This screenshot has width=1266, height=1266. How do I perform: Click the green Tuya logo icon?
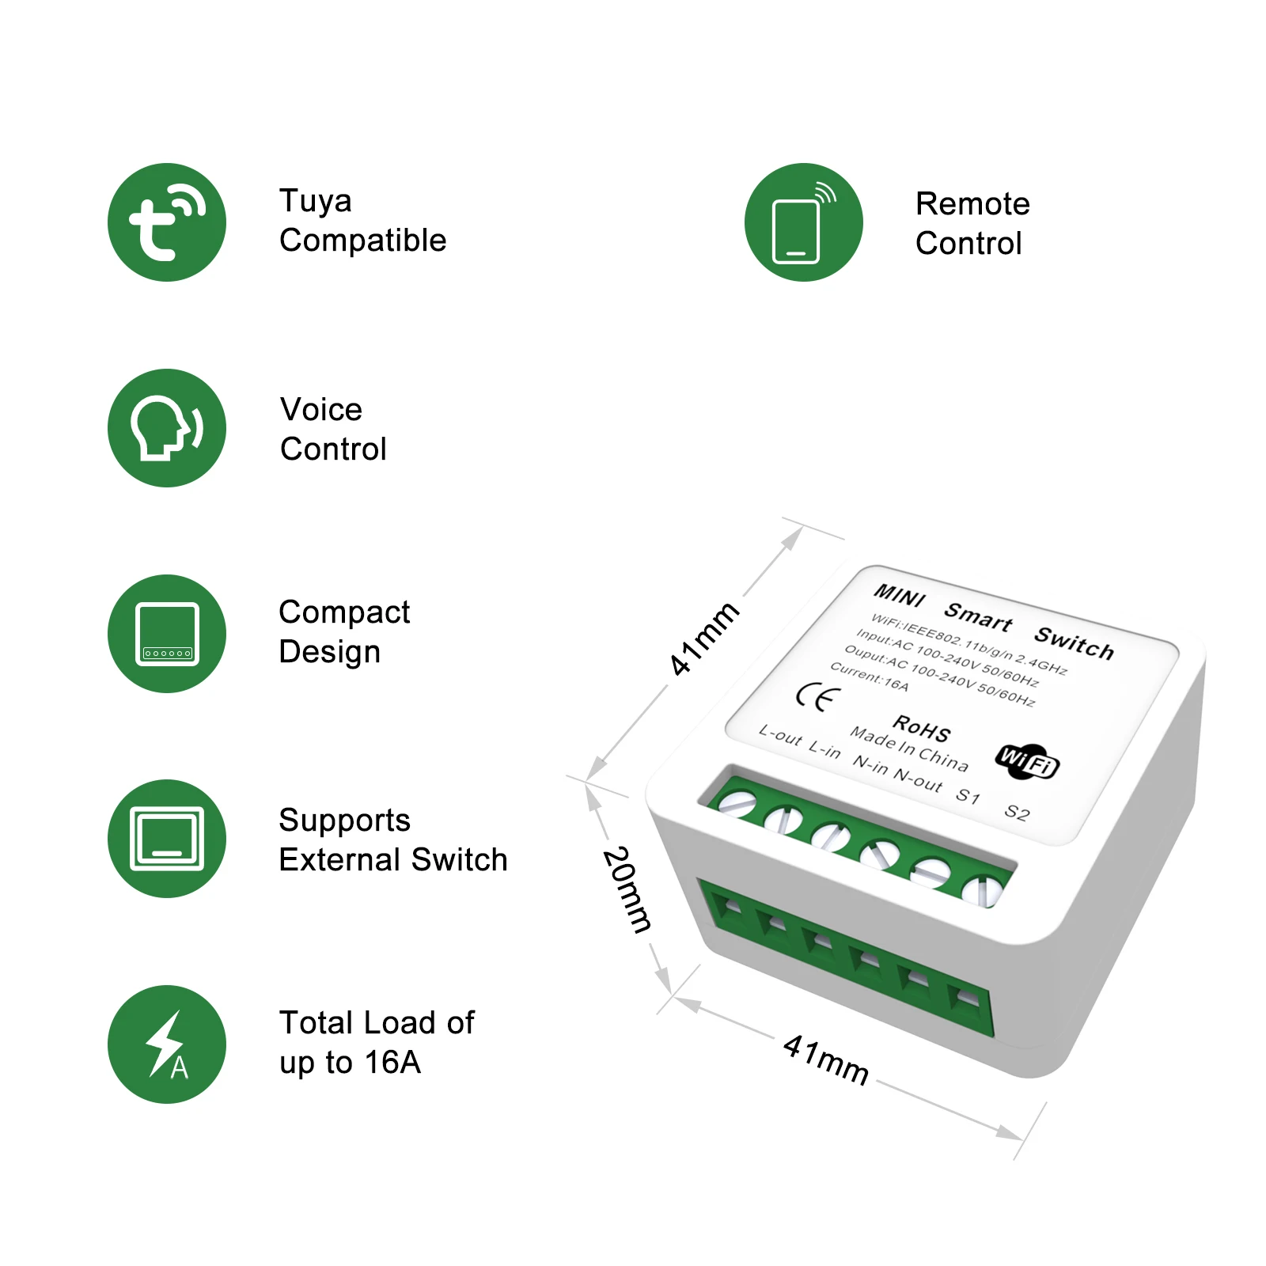(167, 222)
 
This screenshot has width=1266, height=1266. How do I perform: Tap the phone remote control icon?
(804, 222)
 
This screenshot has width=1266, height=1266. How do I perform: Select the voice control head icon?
(167, 428)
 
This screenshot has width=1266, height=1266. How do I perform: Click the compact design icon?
(167, 634)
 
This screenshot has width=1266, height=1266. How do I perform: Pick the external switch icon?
(167, 839)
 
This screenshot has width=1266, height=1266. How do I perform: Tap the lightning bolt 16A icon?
(167, 1044)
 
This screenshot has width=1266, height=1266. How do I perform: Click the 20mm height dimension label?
(627, 889)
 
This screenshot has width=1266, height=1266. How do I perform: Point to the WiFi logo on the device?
(1027, 761)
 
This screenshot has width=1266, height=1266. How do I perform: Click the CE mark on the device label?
(818, 697)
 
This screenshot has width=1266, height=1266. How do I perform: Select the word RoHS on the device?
(922, 727)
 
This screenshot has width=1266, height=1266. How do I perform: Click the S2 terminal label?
(1017, 813)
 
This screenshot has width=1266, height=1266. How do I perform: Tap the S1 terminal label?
(968, 796)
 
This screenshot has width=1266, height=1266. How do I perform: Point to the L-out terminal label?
(780, 735)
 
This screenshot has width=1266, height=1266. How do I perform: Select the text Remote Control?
(972, 223)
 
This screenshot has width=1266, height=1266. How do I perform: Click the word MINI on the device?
(900, 595)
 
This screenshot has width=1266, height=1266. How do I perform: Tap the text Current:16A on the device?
(870, 677)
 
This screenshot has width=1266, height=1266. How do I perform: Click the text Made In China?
(909, 749)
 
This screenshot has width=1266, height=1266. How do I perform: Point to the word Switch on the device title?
(1075, 642)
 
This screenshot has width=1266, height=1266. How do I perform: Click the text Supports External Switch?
(392, 840)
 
